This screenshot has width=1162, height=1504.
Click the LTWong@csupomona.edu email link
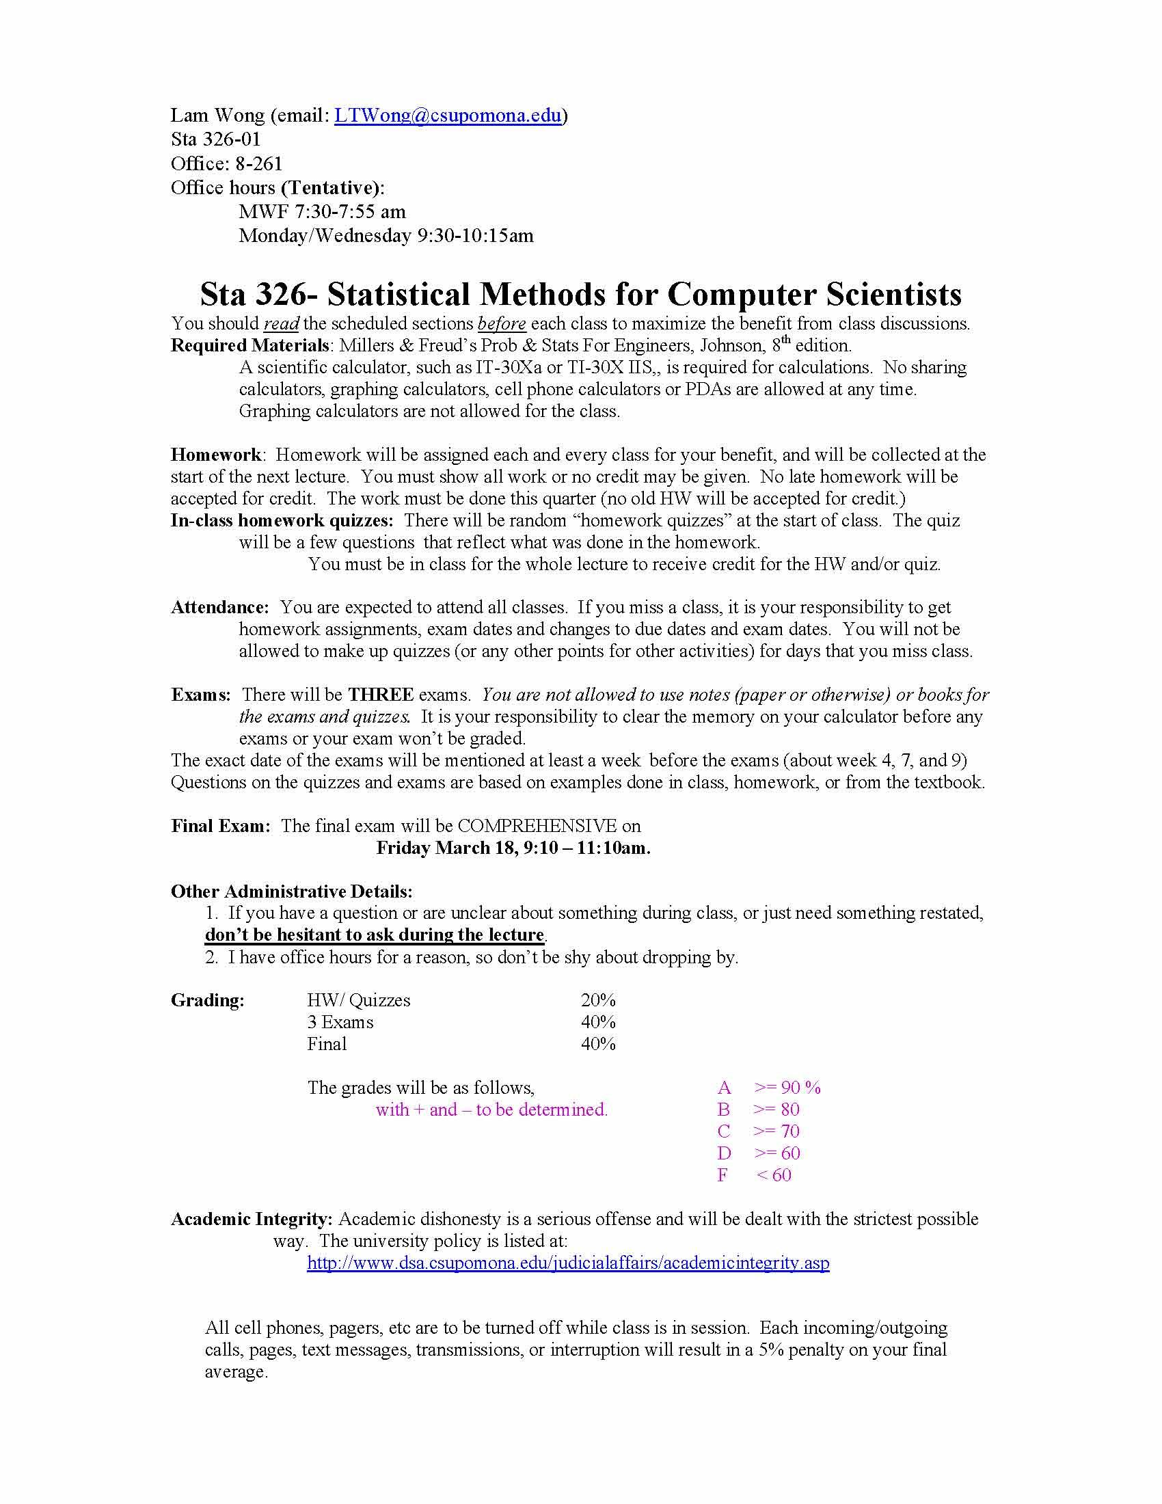point(448,116)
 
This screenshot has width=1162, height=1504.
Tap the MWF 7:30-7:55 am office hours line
point(322,211)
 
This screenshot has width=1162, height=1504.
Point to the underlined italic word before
point(502,323)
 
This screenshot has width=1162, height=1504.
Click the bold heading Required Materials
point(249,345)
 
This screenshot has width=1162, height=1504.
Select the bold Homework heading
point(215,455)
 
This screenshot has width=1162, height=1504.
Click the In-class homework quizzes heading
point(282,521)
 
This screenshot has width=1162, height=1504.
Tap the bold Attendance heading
point(219,607)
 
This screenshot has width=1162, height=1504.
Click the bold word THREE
point(380,694)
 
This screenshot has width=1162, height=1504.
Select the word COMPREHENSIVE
point(537,826)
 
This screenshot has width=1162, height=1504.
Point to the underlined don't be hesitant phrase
point(375,935)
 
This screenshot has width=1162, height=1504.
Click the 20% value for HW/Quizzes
point(597,1000)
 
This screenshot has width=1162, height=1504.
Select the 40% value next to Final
point(597,1044)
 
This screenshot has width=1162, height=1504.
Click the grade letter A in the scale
point(723,1088)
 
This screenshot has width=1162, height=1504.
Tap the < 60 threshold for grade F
point(774,1176)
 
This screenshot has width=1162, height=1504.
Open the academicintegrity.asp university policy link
point(568,1263)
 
